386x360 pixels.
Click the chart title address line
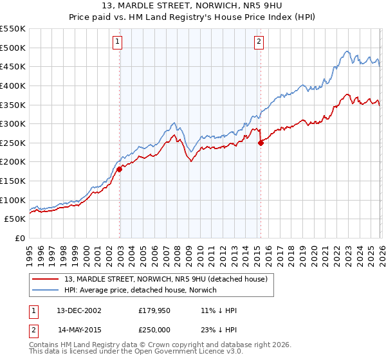coord(193,6)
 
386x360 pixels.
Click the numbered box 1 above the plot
coord(118,42)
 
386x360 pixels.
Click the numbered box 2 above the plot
coord(259,42)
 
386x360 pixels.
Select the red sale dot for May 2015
coord(261,143)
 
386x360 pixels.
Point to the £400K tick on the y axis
coord(13,85)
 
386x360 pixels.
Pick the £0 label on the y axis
coord(21,238)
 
